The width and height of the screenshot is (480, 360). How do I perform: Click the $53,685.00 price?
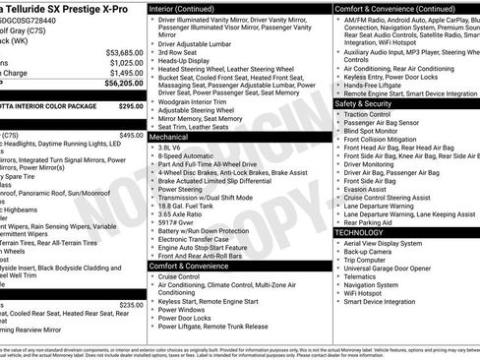[124, 51]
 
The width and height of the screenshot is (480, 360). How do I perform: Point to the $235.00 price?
[131, 305]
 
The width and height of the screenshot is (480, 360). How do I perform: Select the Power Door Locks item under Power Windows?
[188, 319]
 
